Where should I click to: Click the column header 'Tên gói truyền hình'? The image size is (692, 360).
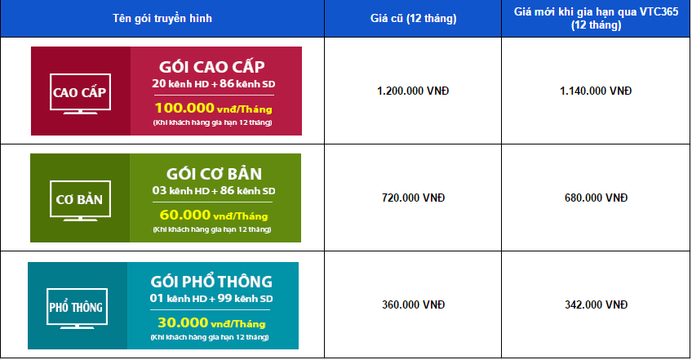tap(162, 19)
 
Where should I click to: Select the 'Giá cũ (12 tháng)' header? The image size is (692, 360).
tap(413, 19)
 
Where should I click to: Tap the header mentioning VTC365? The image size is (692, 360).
tap(596, 18)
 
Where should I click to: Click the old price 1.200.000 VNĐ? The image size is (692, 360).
tap(413, 91)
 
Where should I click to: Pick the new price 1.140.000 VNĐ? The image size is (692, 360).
tap(596, 91)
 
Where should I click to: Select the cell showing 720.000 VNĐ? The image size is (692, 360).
tap(413, 198)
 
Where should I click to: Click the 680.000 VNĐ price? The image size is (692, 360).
tap(596, 198)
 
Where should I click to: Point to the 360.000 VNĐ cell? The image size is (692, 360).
tap(413, 304)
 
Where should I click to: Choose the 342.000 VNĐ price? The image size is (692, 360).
tap(596, 304)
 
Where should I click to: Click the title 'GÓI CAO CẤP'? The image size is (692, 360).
tap(212, 67)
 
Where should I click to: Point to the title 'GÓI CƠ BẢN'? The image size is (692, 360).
tap(214, 174)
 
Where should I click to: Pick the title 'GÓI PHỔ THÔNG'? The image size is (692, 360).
tap(211, 282)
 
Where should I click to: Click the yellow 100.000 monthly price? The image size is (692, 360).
tap(213, 109)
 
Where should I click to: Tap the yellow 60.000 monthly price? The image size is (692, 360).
tap(214, 216)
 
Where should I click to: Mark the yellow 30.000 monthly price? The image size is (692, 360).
tap(211, 323)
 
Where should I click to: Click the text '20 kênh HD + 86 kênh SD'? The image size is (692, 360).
tap(214, 83)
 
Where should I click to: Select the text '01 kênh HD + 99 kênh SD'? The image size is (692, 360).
tap(211, 299)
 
